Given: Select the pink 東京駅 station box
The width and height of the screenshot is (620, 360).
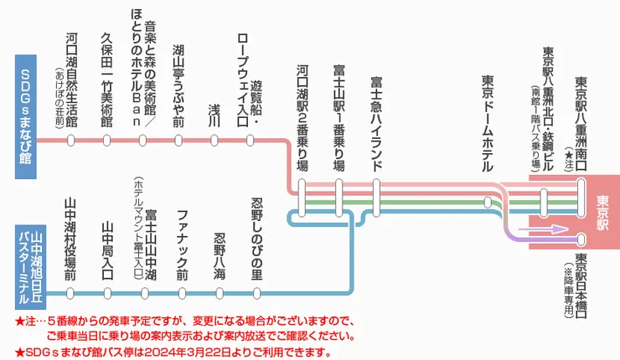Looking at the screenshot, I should click(x=602, y=207).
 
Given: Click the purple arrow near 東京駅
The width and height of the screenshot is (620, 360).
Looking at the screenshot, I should click(x=533, y=227).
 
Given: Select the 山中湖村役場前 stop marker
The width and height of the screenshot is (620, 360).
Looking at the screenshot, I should click(x=71, y=293).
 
